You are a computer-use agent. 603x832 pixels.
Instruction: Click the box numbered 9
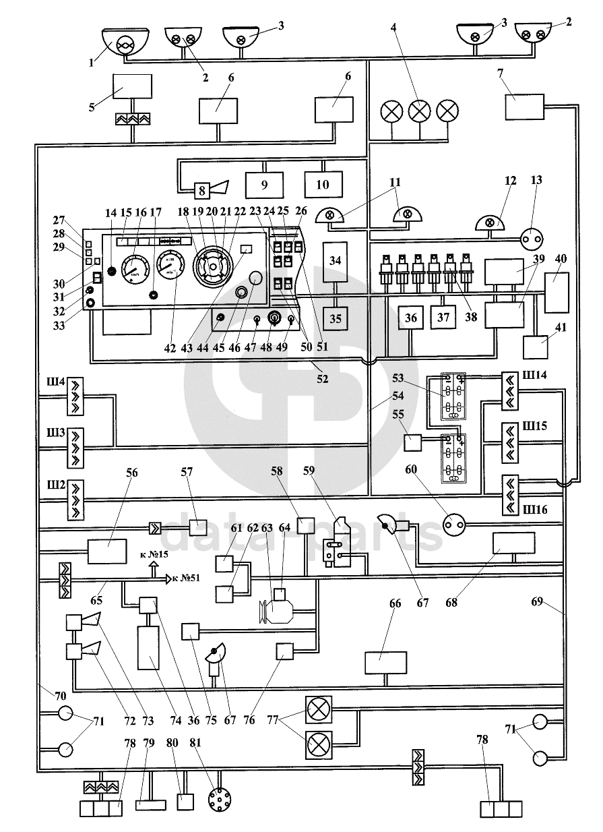click(x=263, y=183)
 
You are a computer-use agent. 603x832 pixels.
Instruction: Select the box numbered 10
click(x=323, y=183)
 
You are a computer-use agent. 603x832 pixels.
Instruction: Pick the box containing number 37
click(x=442, y=317)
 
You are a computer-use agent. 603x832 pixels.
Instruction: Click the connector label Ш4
click(x=52, y=383)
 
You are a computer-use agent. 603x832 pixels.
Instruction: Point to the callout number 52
click(x=323, y=379)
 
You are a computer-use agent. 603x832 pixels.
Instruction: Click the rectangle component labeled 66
click(x=386, y=662)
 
